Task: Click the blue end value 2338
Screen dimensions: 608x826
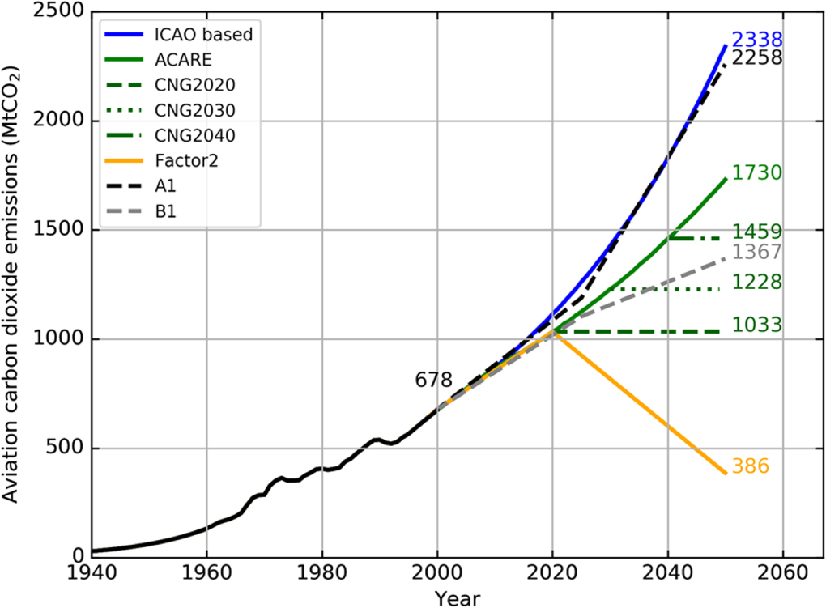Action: click(756, 40)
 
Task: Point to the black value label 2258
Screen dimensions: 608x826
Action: click(756, 58)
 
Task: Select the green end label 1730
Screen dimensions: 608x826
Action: click(756, 173)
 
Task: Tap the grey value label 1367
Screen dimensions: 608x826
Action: click(756, 253)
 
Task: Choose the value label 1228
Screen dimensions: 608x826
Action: click(756, 283)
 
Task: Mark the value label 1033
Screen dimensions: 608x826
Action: click(756, 325)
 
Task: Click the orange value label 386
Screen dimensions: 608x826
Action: click(750, 466)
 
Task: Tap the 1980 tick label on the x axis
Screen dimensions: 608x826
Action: click(321, 572)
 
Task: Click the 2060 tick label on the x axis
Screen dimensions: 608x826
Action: click(783, 572)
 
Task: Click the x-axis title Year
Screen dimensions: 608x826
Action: click(457, 598)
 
